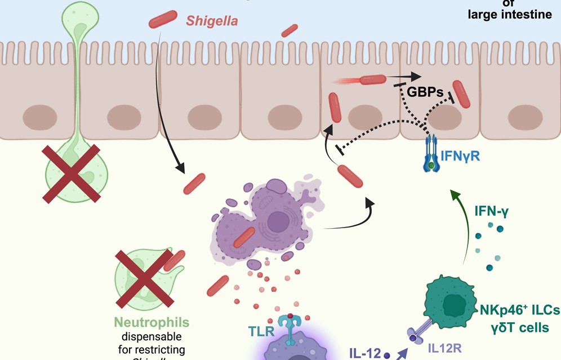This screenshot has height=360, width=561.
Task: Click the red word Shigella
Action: pos(212,22)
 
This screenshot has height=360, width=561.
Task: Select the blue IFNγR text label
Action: pos(460,156)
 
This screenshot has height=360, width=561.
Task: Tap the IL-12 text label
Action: pos(364,353)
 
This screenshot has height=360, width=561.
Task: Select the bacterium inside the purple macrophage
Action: pos(244,238)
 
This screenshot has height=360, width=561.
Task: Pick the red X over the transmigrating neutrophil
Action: pos(72,172)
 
